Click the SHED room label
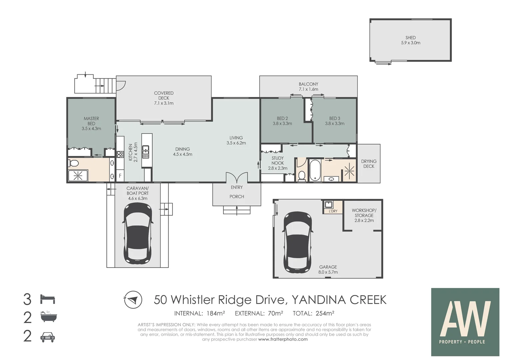[x=410, y=38]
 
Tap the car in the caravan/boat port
[x=138, y=233]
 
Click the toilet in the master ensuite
[x=73, y=163]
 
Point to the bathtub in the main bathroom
[x=315, y=170]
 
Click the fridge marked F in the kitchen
[x=120, y=176]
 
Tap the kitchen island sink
[x=146, y=152]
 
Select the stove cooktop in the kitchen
[x=120, y=155]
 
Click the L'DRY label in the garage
[x=333, y=211]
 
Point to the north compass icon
[x=133, y=300]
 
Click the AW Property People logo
[x=465, y=322]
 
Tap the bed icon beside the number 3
[x=48, y=299]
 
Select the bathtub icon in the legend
[x=49, y=317]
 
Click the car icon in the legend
[x=48, y=337]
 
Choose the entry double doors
[x=237, y=177]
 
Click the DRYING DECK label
[x=368, y=164]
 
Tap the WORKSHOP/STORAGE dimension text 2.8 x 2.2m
[x=364, y=220]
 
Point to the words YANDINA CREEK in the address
[x=339, y=300]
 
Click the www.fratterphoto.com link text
[x=283, y=339]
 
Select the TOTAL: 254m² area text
[x=313, y=313]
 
